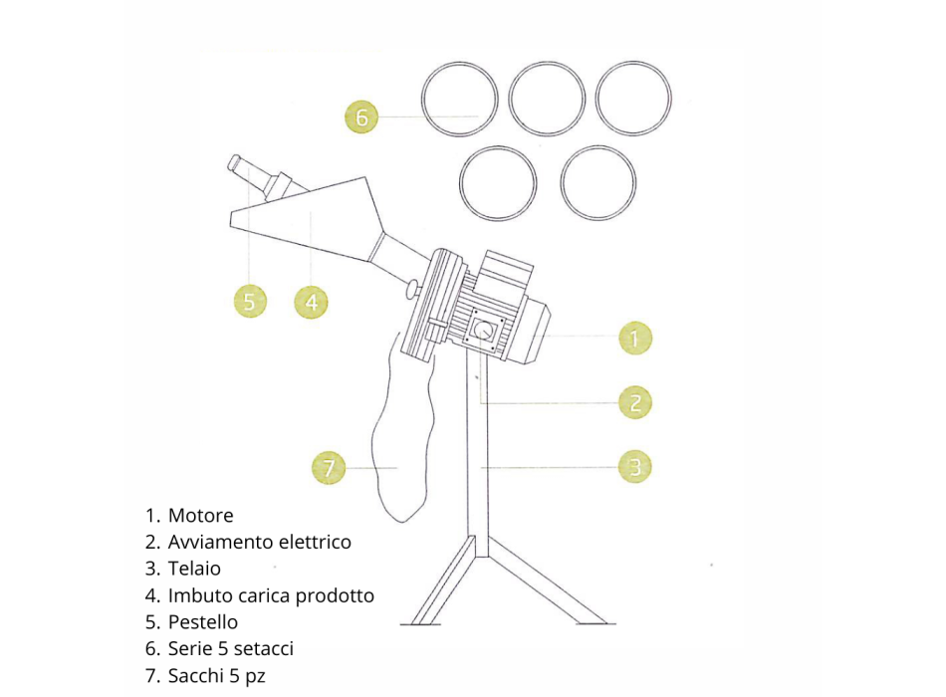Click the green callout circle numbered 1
(x=635, y=338)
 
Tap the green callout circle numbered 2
(x=635, y=402)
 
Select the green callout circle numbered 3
(x=635, y=466)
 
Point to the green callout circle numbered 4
(x=312, y=302)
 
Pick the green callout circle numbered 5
(x=250, y=301)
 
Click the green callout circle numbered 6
(x=361, y=116)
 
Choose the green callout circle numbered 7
(x=329, y=467)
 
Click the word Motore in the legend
(x=200, y=516)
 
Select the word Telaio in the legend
(x=194, y=569)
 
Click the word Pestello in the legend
(x=203, y=622)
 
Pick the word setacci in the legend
(x=263, y=649)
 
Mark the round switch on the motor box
(x=483, y=331)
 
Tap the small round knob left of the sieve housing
(x=411, y=288)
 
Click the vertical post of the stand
(x=478, y=453)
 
